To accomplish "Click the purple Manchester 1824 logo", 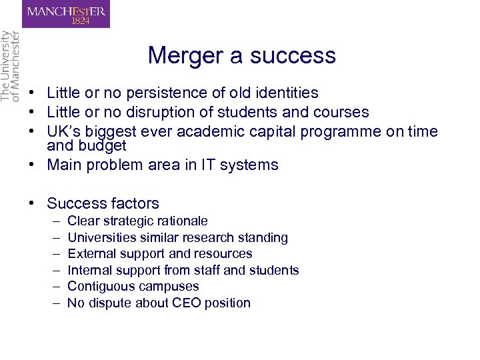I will click(66, 14).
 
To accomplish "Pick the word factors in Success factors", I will click(135, 203).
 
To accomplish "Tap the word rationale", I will click(181, 221).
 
